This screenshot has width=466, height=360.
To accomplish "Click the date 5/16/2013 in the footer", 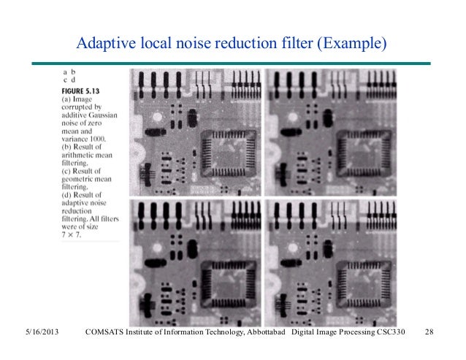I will [37, 333].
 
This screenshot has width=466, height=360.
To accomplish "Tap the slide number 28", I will [429, 333].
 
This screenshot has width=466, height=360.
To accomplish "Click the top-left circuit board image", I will [196, 132].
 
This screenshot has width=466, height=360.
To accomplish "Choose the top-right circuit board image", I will [330, 132].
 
